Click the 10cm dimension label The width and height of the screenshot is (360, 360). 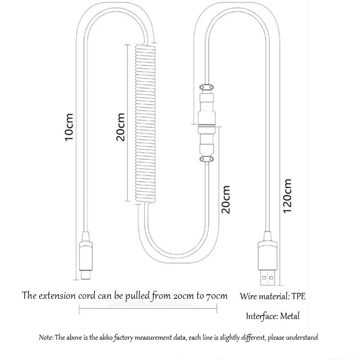(68, 127)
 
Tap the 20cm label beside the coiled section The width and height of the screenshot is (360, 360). (120, 127)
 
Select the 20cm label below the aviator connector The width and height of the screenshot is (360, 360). (225, 199)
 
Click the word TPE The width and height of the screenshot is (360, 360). (298, 297)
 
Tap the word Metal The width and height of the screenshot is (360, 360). (289, 316)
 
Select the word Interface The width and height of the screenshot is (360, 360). (261, 316)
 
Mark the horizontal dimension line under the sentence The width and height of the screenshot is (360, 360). (148, 308)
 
